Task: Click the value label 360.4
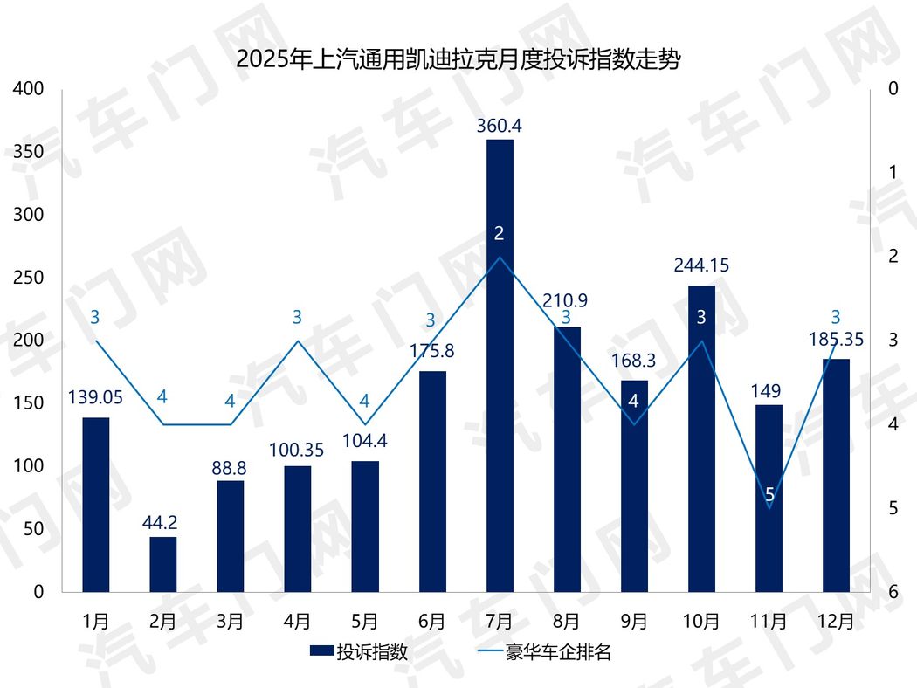coord(500,126)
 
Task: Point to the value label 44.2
coord(162,523)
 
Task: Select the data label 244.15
coord(701,265)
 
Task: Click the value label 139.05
coord(95,398)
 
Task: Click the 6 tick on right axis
coord(893,592)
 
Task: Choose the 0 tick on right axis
coord(893,89)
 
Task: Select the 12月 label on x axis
coord(836,622)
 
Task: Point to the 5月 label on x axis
coord(364,622)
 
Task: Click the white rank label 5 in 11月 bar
coord(769,496)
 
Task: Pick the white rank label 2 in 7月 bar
coord(500,233)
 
